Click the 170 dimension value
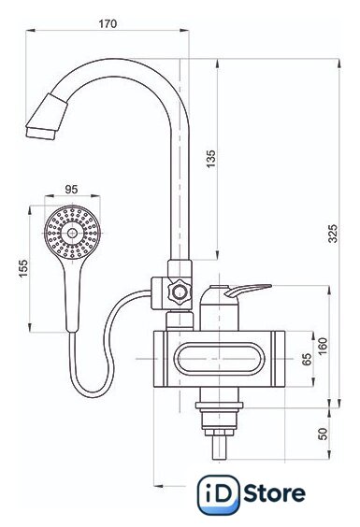(108, 23)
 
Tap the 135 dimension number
(210, 159)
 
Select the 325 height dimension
(332, 234)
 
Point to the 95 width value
(71, 190)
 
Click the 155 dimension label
(23, 268)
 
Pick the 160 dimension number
(322, 347)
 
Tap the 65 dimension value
(307, 360)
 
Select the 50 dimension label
(322, 434)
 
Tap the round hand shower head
(72, 233)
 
